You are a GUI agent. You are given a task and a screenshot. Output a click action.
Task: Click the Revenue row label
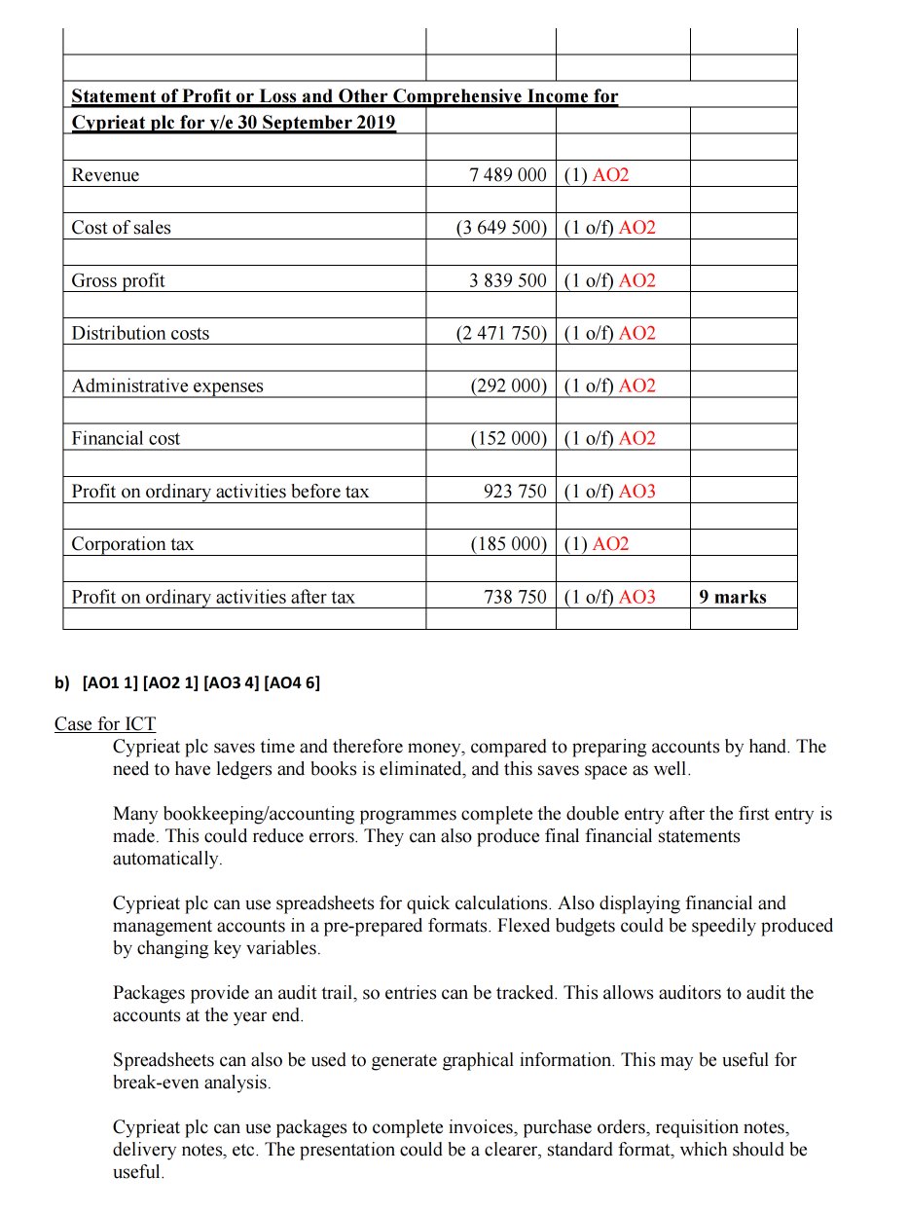(105, 175)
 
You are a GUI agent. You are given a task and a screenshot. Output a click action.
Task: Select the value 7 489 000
(507, 175)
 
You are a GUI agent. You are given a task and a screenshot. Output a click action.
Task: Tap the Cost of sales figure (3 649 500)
(501, 228)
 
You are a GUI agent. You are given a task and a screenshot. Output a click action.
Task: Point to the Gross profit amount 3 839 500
(507, 280)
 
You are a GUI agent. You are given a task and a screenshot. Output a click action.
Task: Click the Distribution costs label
(140, 333)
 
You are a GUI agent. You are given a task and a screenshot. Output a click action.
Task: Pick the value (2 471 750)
(501, 333)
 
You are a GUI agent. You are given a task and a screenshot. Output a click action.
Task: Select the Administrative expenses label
(167, 386)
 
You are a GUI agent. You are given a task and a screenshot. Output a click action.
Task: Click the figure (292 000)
(508, 386)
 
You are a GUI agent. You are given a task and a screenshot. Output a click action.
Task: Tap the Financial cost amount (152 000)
(508, 438)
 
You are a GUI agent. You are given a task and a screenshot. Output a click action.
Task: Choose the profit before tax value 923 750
(515, 492)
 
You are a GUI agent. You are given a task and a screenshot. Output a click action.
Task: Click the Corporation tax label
(132, 544)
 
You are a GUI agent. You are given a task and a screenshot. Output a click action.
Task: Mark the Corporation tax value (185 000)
(508, 544)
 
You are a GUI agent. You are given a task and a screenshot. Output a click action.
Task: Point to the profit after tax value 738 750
(515, 597)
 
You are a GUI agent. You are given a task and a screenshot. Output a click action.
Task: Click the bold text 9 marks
(733, 597)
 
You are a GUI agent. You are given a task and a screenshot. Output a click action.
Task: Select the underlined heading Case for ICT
(105, 724)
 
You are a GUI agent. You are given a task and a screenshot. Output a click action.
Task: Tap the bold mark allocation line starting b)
(187, 682)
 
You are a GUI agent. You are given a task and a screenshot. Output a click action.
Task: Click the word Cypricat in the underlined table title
(105, 123)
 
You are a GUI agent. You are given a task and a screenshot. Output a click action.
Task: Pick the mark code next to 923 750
(609, 492)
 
